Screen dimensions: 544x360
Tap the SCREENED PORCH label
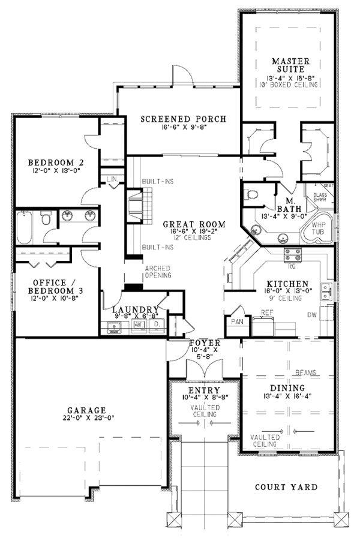(184, 119)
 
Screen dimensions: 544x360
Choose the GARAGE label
(86, 410)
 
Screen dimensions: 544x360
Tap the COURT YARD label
(286, 487)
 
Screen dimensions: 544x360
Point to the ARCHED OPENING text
(157, 272)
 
